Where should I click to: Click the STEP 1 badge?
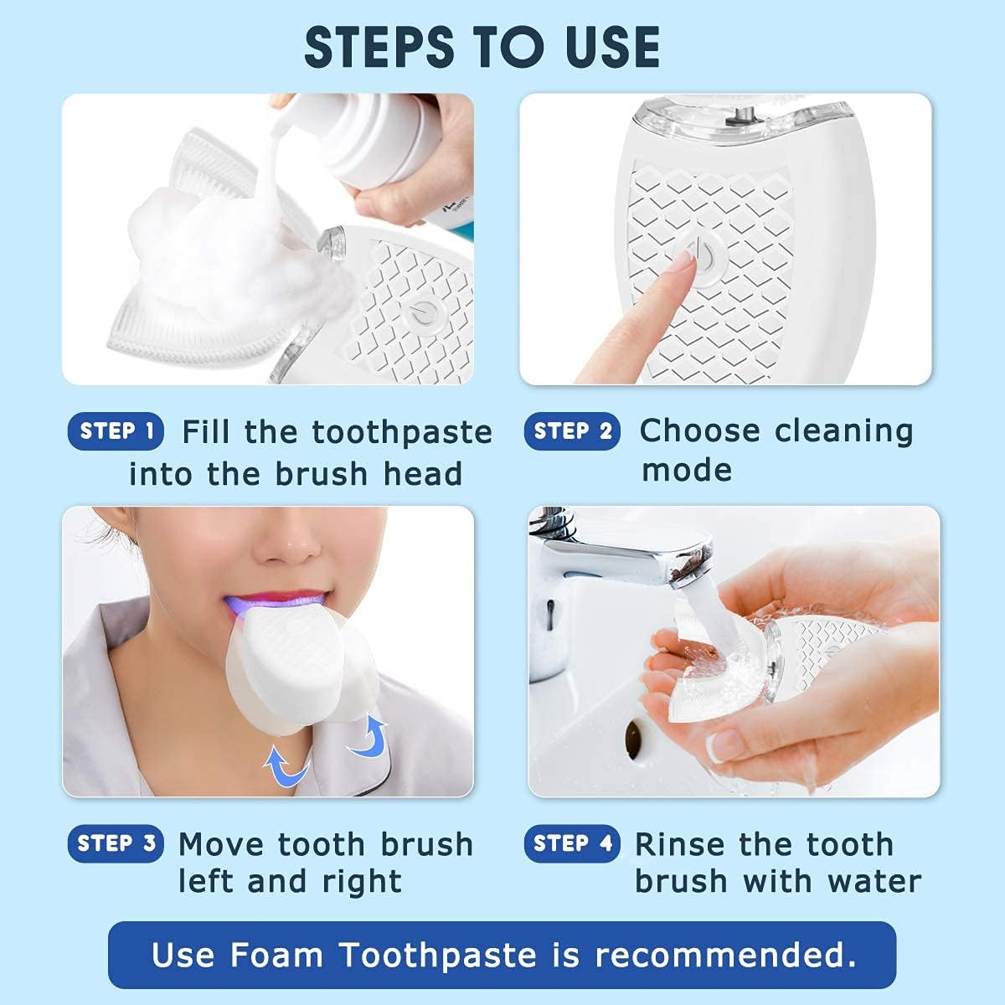tap(116, 431)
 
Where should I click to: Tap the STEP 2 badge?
tap(572, 431)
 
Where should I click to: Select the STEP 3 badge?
tap(116, 843)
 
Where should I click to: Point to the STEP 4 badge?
tap(572, 843)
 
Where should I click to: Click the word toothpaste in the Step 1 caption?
tap(402, 433)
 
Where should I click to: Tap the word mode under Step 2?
tap(686, 470)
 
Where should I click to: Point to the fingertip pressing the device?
tap(683, 266)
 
